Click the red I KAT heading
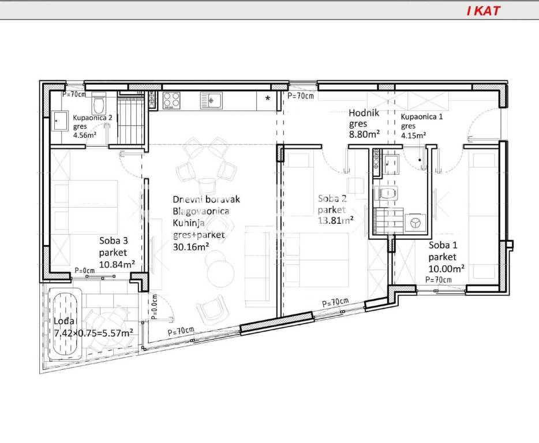coord(484,10)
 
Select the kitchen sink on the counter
coord(211,100)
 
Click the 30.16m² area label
coord(191,246)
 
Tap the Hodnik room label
coord(364,112)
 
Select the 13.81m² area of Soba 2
coord(335,220)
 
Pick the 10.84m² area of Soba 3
coord(117,264)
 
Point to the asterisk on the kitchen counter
coord(267,99)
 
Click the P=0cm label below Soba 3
coord(85,271)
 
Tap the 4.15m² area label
coord(414,135)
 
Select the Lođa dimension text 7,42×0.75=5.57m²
coord(94,333)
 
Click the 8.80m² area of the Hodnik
coord(364,134)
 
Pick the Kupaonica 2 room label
coord(92,118)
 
